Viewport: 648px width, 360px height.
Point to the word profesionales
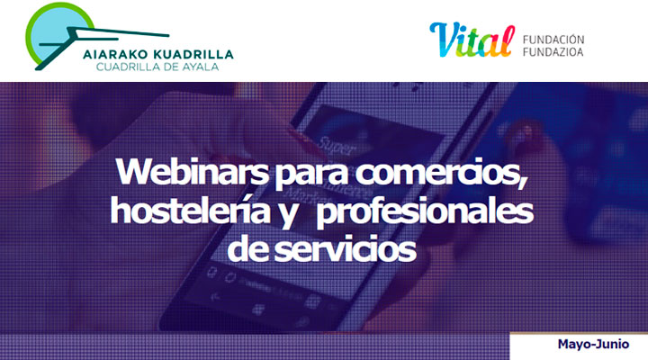coord(426,211)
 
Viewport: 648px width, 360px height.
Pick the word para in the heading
coord(292,173)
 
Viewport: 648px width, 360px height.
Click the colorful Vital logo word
coord(470,39)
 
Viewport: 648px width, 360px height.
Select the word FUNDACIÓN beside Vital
coord(553,39)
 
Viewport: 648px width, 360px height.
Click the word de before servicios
coord(243,247)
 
